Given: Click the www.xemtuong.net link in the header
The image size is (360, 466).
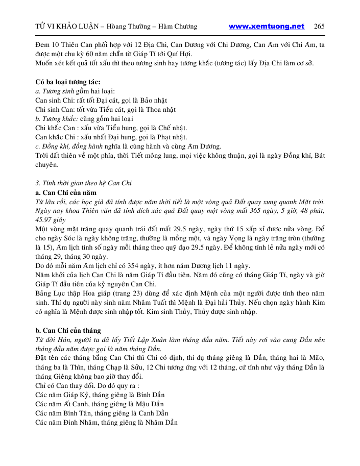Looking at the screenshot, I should tap(267, 27).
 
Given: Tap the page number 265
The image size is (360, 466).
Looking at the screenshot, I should tap(320, 27).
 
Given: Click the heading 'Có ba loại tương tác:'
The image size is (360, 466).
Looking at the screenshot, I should tap(68, 82).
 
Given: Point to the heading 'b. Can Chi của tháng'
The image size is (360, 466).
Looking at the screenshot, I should tap(68, 330).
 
